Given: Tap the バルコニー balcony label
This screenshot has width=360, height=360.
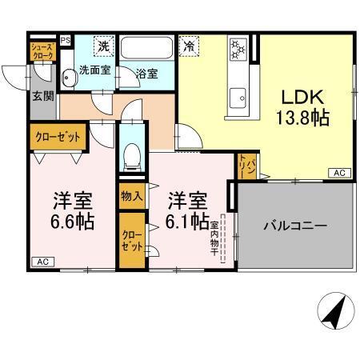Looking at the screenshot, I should [x=295, y=226].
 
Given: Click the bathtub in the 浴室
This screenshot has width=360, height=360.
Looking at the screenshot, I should [x=147, y=50].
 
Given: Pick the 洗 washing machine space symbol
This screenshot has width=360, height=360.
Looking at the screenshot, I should [x=104, y=46].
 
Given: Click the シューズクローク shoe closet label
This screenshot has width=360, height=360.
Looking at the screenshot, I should [x=42, y=51].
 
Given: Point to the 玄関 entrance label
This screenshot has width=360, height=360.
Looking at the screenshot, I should [x=42, y=97].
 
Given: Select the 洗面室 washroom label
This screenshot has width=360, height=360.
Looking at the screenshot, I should [x=94, y=70].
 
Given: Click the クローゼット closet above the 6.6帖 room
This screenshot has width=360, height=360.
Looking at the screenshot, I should [x=58, y=137].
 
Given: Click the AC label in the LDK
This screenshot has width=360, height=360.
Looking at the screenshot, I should [x=338, y=173].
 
